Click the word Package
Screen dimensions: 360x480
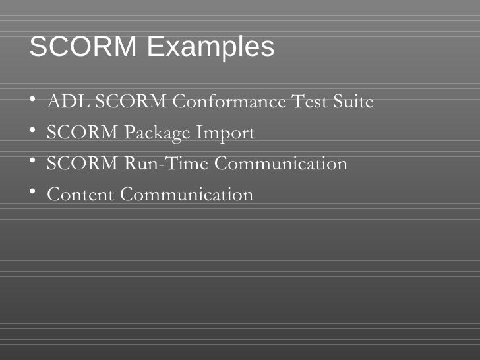tap(158, 133)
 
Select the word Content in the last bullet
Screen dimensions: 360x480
tap(81, 195)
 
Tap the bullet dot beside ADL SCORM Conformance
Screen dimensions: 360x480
tap(33, 101)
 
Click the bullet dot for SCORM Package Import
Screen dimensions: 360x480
tap(33, 132)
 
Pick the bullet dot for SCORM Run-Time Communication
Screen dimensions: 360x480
tap(33, 162)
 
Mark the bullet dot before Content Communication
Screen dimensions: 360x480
tap(33, 193)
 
